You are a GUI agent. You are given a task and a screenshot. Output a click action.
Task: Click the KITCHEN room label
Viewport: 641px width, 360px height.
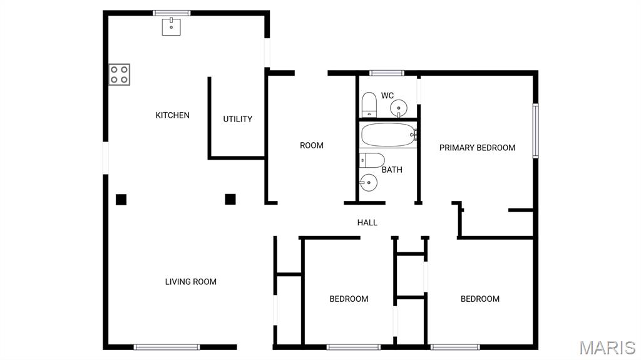click(x=172, y=115)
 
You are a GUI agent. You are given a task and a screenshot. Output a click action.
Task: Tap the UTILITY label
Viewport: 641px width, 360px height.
click(x=238, y=119)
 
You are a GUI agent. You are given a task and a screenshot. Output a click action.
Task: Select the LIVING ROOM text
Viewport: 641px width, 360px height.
click(x=190, y=282)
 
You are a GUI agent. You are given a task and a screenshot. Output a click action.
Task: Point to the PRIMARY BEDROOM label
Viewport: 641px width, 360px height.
click(x=477, y=148)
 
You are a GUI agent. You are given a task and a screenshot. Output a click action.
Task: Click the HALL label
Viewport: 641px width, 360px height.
click(x=367, y=222)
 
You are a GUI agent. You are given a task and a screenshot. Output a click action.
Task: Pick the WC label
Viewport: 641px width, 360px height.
click(x=387, y=95)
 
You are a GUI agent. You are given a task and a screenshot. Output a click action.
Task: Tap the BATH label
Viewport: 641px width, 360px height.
click(x=392, y=170)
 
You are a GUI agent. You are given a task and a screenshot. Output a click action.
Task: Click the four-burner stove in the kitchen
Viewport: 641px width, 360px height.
click(x=120, y=75)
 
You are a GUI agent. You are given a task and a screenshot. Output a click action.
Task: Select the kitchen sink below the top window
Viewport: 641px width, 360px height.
click(x=172, y=26)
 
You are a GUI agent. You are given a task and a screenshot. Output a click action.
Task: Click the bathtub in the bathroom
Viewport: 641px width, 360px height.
click(x=388, y=133)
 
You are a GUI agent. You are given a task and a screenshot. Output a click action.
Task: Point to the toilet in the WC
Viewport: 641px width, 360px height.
click(x=369, y=104)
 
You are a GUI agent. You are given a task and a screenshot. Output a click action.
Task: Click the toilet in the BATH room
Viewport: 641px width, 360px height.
click(x=371, y=160)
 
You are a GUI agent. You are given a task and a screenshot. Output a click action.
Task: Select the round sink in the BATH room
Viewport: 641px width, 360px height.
click(x=368, y=183)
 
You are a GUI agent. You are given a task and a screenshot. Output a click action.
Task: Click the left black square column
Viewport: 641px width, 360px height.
click(x=121, y=200)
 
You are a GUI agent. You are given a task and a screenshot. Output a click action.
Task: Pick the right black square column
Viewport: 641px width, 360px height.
click(x=230, y=199)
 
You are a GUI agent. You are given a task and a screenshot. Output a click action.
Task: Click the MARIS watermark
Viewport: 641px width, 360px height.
click(x=607, y=347)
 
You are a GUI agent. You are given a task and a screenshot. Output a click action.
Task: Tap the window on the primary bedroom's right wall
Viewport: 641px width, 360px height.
click(x=535, y=131)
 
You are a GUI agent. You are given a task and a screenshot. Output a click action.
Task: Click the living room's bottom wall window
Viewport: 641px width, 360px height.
click(x=167, y=346)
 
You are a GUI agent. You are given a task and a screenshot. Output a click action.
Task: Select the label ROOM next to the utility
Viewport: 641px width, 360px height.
click(x=312, y=145)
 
